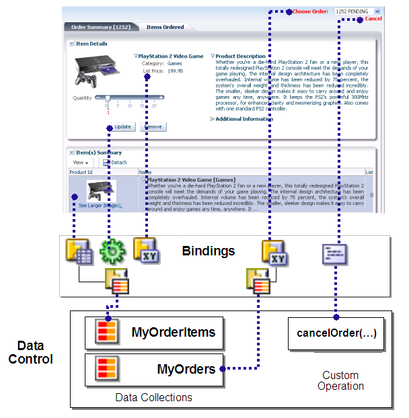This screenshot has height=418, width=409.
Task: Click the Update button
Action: [122, 126]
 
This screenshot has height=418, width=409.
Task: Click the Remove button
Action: [153, 126]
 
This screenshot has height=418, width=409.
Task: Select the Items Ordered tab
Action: [165, 28]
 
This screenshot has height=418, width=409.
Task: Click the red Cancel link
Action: [373, 19]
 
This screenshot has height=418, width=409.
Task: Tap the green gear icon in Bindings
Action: [112, 252]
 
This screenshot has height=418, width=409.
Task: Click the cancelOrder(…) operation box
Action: [336, 333]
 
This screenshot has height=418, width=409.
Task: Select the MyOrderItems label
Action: [174, 332]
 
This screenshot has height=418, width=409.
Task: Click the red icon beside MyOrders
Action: [105, 369]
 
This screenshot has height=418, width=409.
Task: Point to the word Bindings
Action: [208, 251]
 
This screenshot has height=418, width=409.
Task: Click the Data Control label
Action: [31, 353]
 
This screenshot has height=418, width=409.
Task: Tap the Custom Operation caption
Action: [340, 380]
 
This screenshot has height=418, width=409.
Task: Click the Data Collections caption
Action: [153, 397]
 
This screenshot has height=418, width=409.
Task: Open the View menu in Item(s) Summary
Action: [81, 163]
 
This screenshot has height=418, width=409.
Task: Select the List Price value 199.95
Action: [175, 71]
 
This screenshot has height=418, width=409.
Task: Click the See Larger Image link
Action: [98, 205]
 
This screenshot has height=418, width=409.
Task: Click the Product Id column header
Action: [83, 173]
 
